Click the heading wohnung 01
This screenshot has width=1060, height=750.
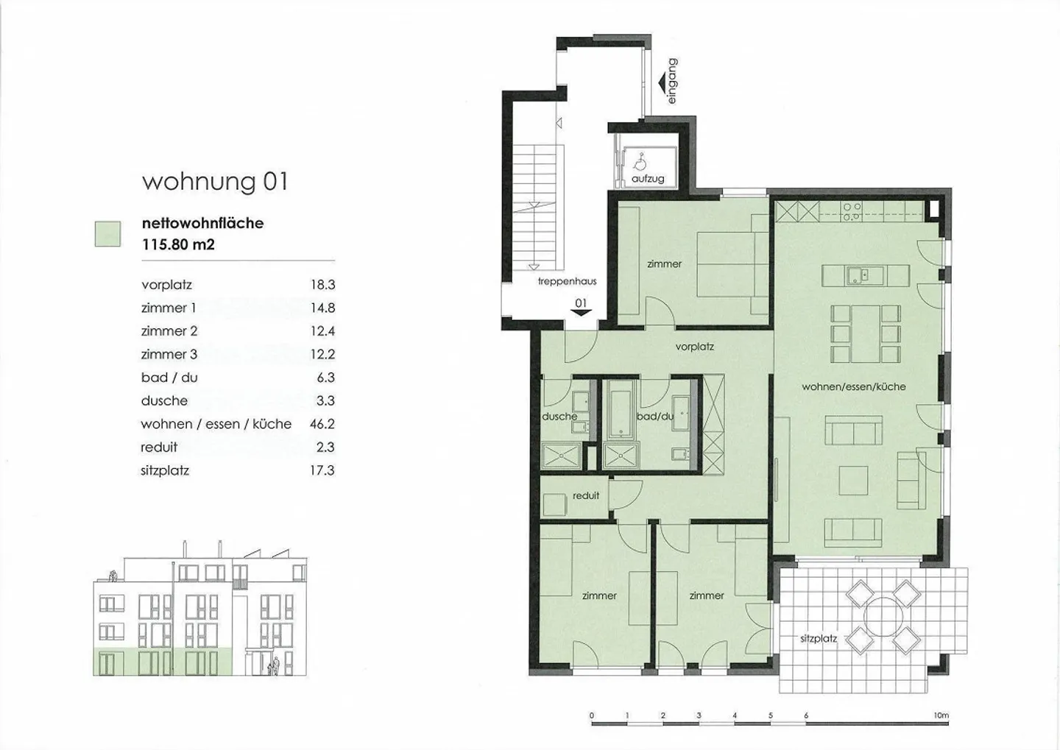[215, 183]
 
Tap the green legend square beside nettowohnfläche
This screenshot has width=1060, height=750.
[108, 234]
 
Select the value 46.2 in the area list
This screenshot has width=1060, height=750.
[322, 424]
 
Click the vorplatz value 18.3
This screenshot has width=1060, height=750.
[322, 285]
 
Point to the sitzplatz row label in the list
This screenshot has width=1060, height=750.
[165, 471]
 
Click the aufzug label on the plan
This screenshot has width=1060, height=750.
[648, 179]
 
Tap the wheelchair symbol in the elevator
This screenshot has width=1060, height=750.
[640, 161]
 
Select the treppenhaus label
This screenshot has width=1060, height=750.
[568, 281]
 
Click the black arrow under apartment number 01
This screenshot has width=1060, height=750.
[581, 313]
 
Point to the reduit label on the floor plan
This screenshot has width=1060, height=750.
[586, 495]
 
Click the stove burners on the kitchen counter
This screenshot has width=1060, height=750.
[852, 212]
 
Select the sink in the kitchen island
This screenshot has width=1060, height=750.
[858, 275]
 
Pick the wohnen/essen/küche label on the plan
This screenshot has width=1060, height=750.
[854, 386]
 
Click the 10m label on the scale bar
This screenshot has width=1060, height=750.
[941, 715]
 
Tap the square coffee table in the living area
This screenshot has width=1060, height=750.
[854, 481]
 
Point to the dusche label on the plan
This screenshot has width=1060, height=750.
[559, 417]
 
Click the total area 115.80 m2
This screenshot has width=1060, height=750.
[178, 244]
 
